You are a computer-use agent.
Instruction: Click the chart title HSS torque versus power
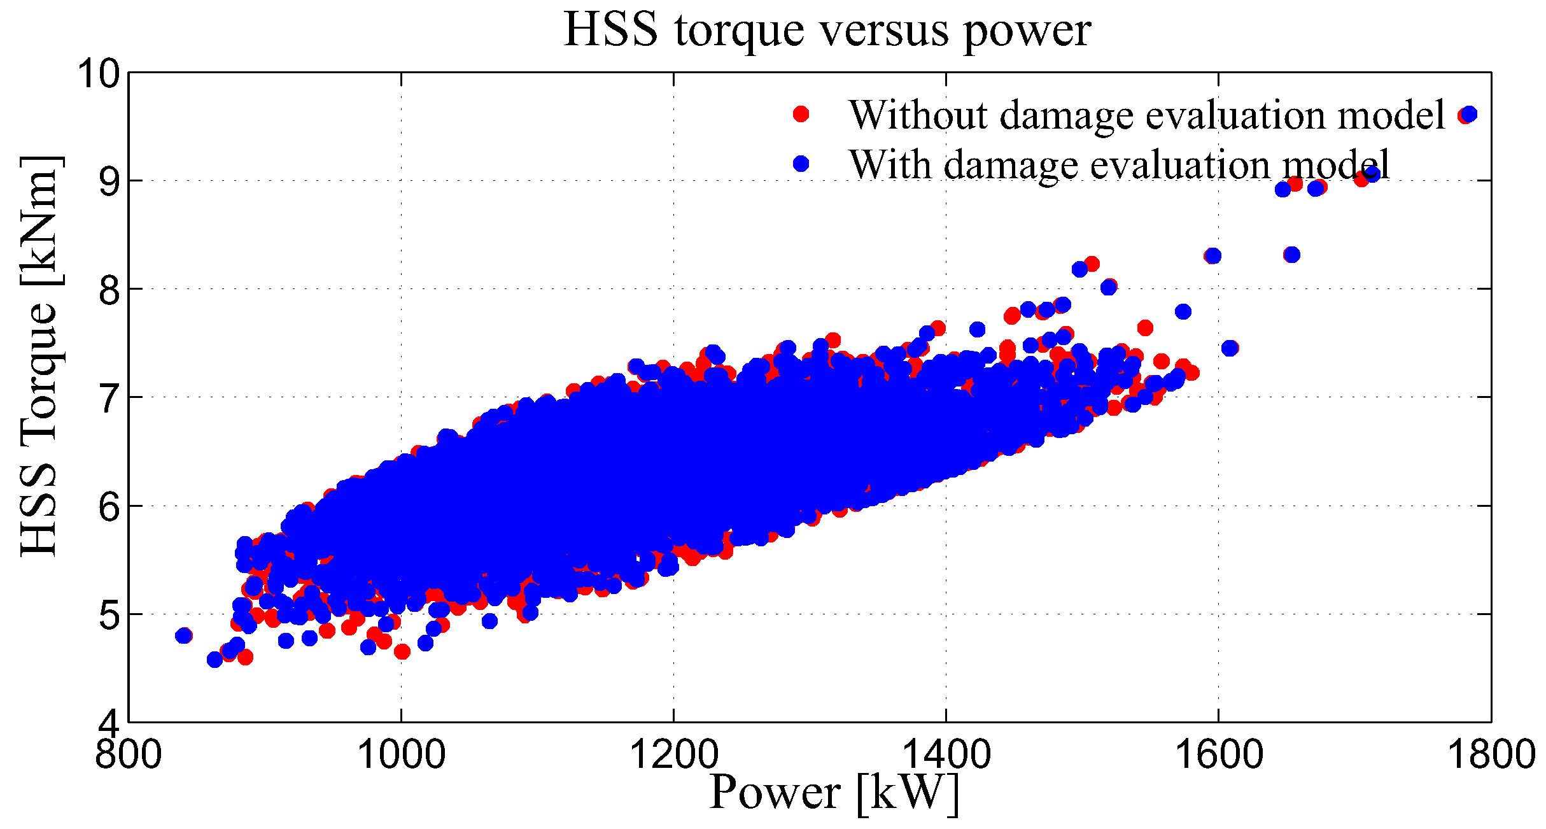827,30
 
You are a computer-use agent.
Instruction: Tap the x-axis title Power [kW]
834,793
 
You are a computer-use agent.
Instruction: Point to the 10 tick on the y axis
99,74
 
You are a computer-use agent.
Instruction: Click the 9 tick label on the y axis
109,183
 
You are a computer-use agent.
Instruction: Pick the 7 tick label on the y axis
109,399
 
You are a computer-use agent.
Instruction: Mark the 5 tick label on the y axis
109,616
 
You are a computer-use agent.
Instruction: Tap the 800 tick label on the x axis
128,755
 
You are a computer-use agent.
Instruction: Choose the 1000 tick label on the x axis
401,755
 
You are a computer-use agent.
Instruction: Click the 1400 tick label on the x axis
946,755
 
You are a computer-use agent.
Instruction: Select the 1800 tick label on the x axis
1491,755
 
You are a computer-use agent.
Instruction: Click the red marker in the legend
801,114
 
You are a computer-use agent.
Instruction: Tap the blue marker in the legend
801,164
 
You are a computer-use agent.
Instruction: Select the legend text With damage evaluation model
1119,165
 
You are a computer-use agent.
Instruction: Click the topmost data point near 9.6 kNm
1468,115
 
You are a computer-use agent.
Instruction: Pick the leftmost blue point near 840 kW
184,635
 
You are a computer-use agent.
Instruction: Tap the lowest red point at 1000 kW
402,651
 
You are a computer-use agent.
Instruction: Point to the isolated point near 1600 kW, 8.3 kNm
1213,256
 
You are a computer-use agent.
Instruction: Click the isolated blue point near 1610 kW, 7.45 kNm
1230,348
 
